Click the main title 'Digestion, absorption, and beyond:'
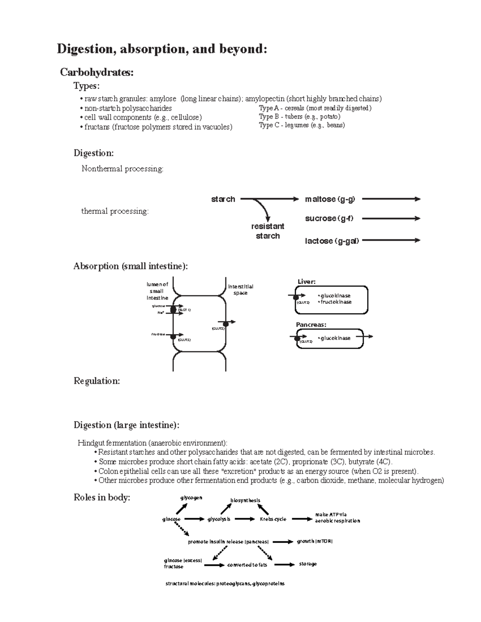click(x=162, y=49)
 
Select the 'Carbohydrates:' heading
click(x=97, y=72)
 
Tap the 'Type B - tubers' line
click(x=299, y=117)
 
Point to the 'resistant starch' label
click(x=267, y=231)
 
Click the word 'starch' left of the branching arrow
click(x=223, y=199)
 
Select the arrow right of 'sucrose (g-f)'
click(x=391, y=218)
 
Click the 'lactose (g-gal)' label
click(x=331, y=241)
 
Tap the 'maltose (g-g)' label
click(x=329, y=199)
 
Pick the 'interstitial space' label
click(x=240, y=290)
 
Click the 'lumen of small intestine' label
click(x=157, y=291)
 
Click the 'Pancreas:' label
click(x=311, y=324)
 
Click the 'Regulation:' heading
click(x=97, y=381)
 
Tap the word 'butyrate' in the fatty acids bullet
click(x=362, y=462)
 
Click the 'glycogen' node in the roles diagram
click(x=191, y=498)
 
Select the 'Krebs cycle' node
click(x=273, y=519)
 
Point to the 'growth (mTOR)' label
click(x=315, y=541)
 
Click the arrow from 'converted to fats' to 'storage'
click(x=284, y=564)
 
